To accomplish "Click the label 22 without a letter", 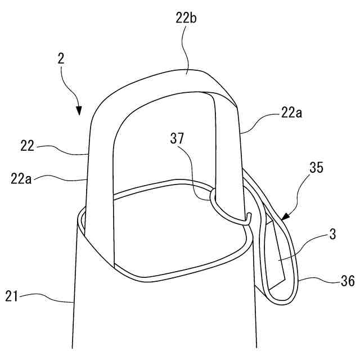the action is pyautogui.click(x=28, y=147).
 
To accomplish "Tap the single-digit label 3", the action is pyautogui.click(x=332, y=234).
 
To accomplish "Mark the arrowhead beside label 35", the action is pyautogui.click(x=284, y=217).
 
